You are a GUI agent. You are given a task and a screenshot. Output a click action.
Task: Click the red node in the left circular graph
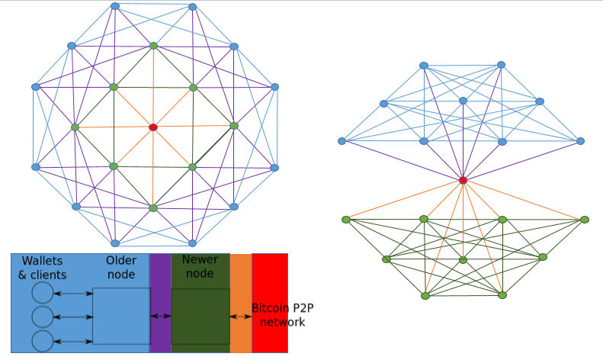(153, 127)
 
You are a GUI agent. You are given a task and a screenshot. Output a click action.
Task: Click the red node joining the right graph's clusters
(463, 180)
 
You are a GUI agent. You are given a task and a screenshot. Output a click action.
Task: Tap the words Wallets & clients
(42, 268)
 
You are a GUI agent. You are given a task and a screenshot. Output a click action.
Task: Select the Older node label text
(121, 267)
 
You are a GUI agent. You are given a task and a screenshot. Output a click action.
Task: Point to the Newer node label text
(200, 266)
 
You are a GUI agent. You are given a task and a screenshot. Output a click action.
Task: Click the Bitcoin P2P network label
(283, 315)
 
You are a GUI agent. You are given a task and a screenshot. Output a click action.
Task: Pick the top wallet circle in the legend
(42, 293)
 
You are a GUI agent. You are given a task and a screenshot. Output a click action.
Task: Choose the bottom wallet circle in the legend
(42, 341)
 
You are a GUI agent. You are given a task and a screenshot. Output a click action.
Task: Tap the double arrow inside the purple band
(161, 317)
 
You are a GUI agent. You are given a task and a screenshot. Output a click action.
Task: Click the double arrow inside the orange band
(241, 317)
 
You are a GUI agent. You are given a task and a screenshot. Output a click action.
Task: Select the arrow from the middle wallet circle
(73, 317)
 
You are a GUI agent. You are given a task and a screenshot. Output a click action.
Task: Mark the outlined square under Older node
(121, 317)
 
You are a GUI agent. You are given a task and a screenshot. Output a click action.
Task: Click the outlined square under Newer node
(200, 317)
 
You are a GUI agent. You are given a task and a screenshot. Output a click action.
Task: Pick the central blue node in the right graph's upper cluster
(463, 101)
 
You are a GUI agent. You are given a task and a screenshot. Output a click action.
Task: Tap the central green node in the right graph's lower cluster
(463, 260)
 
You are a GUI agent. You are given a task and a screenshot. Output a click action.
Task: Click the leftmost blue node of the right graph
(342, 141)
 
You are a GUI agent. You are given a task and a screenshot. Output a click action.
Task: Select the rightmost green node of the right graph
(585, 220)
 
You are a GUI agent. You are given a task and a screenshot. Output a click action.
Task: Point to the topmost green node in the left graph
(153, 46)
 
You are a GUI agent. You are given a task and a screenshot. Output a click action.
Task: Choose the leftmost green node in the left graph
(75, 127)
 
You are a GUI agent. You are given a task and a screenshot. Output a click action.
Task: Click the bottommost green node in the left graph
(153, 208)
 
